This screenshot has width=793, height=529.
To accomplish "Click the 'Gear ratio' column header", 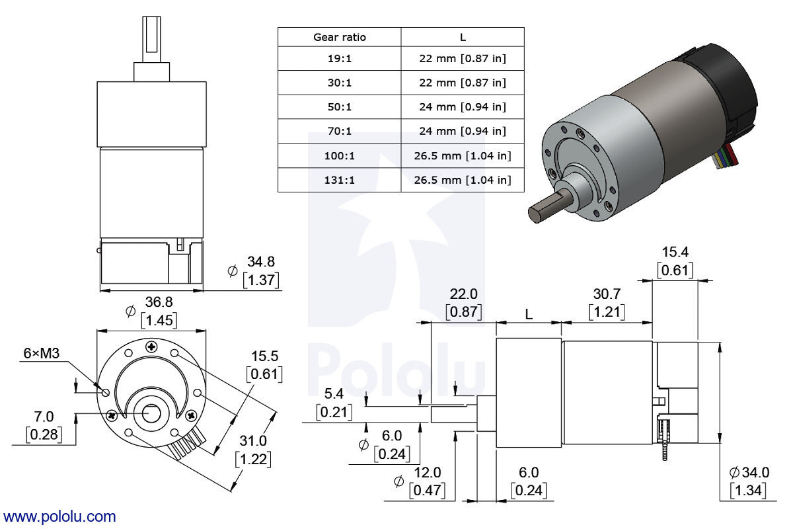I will coord(339,37).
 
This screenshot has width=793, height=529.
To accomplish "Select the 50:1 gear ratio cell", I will coord(339,106).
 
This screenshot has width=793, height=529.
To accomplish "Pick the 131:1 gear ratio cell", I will coord(339,180).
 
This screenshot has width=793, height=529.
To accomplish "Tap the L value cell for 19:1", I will coord(462,59).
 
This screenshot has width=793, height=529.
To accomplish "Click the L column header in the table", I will coord(462,37).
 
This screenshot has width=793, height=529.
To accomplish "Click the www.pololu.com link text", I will coord(59,516).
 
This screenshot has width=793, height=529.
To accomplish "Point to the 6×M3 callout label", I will coord(41,354).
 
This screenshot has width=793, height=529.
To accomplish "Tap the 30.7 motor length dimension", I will coord(605,293).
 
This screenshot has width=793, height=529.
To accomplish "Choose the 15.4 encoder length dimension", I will coord(675,252).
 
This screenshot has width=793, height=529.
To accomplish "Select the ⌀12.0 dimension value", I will coord(427,473).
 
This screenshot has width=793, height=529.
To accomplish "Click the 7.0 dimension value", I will coord(44,417).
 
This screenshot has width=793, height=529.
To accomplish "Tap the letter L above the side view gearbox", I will coord(529,315).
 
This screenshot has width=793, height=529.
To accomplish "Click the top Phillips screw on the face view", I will coord(152,346).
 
